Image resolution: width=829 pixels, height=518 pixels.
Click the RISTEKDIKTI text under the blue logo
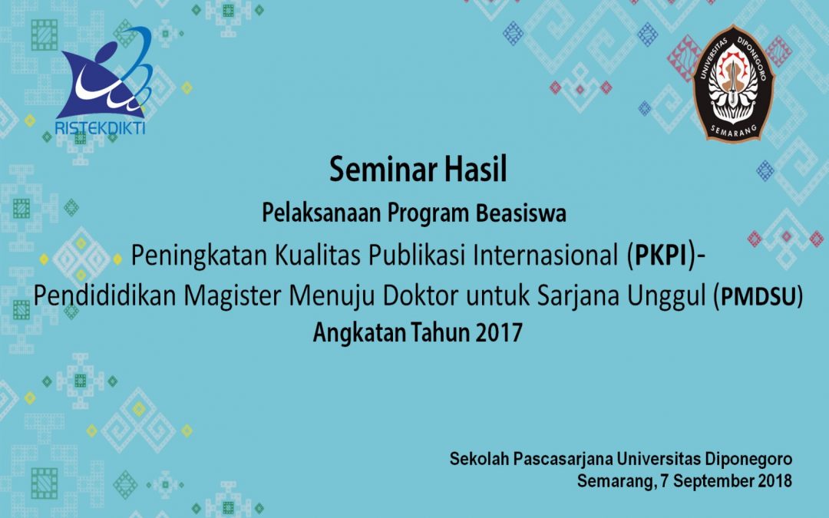100,128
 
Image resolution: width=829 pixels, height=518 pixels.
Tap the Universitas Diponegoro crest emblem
734,83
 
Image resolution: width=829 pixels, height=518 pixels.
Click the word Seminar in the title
383,170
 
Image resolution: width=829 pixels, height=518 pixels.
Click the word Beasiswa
520,213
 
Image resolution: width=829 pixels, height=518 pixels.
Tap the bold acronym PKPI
660,256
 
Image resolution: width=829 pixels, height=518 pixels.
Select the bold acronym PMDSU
758,296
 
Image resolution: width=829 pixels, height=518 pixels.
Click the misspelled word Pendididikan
104,296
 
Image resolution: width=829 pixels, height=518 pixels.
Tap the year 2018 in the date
775,481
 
